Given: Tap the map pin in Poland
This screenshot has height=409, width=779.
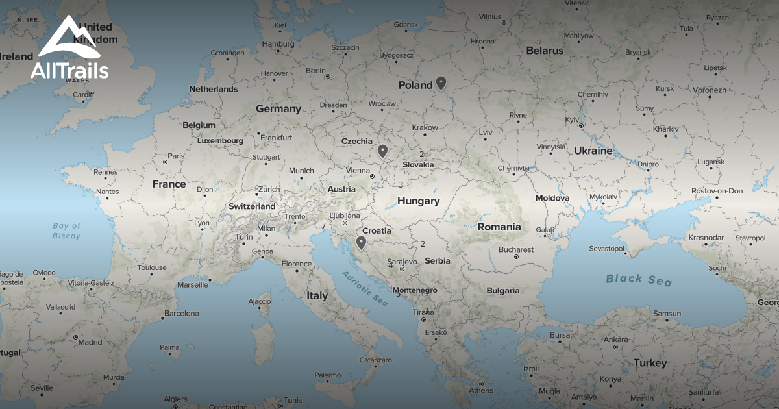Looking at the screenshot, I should pos(441,82).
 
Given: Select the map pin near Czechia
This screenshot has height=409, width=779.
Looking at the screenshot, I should pos(382,151).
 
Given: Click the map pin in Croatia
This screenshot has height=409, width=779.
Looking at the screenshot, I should pos(361,243).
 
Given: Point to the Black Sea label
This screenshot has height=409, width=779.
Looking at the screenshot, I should pos(639,280).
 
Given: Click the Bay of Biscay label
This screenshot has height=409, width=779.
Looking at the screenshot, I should pos(67,230).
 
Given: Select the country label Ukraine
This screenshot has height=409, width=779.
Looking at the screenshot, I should pos(593,151).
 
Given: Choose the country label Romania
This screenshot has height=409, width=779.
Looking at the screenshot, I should pos(499,227).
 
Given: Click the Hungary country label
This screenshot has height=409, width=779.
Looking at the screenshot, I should pos(418,201).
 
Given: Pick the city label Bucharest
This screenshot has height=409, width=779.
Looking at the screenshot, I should pos(516,249).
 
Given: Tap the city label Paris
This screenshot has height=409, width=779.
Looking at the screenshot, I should pos(176,156).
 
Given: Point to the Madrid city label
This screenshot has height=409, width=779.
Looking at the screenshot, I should pos(90,342).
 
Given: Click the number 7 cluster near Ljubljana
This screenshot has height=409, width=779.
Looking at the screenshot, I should pos(323,226).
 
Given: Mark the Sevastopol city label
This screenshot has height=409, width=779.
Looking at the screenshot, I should pos(606,249).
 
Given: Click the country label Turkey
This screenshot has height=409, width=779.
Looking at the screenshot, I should pos(650,363).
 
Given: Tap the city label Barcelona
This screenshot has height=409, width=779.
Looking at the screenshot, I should pos(181,313).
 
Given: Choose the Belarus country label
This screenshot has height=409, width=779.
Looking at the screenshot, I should pos(545,51).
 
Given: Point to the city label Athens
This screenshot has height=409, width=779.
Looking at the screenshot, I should pos(480,390).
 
